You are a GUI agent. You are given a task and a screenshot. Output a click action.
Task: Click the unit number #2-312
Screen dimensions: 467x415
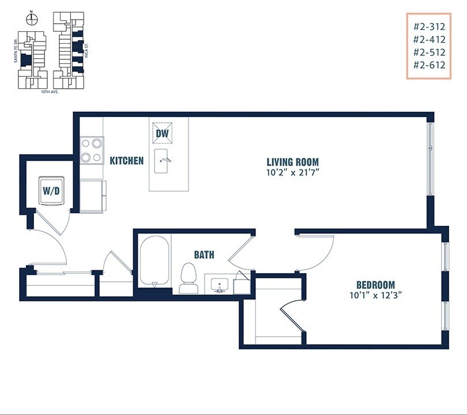pyautogui.click(x=429, y=26)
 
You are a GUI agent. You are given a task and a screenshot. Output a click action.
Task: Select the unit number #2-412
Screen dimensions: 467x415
pyautogui.click(x=429, y=39)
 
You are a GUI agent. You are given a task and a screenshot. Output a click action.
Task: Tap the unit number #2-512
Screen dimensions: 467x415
pyautogui.click(x=429, y=52)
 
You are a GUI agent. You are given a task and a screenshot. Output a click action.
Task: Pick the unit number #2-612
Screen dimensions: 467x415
pyautogui.click(x=429, y=65)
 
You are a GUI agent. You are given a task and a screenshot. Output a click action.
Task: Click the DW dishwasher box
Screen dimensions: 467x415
pyautogui.click(x=162, y=133)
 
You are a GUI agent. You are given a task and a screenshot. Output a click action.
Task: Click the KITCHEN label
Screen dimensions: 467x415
pyautogui.click(x=127, y=160)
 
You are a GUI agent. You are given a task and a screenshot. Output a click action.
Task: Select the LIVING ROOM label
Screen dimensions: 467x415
pyautogui.click(x=292, y=162)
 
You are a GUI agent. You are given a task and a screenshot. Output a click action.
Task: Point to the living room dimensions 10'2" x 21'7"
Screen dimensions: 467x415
pyautogui.click(x=292, y=172)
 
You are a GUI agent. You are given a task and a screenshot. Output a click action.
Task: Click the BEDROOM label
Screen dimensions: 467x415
pyautogui.click(x=375, y=285)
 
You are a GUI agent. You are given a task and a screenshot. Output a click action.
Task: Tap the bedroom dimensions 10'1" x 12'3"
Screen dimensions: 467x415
pyautogui.click(x=375, y=295)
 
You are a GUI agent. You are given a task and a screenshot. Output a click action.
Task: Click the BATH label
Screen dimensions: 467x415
pyautogui.click(x=205, y=254)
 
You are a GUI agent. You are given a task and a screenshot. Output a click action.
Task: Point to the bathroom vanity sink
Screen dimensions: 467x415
pyautogui.click(x=220, y=284)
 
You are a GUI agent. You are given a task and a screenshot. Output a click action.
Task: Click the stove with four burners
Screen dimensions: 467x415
pyautogui.click(x=92, y=150)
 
